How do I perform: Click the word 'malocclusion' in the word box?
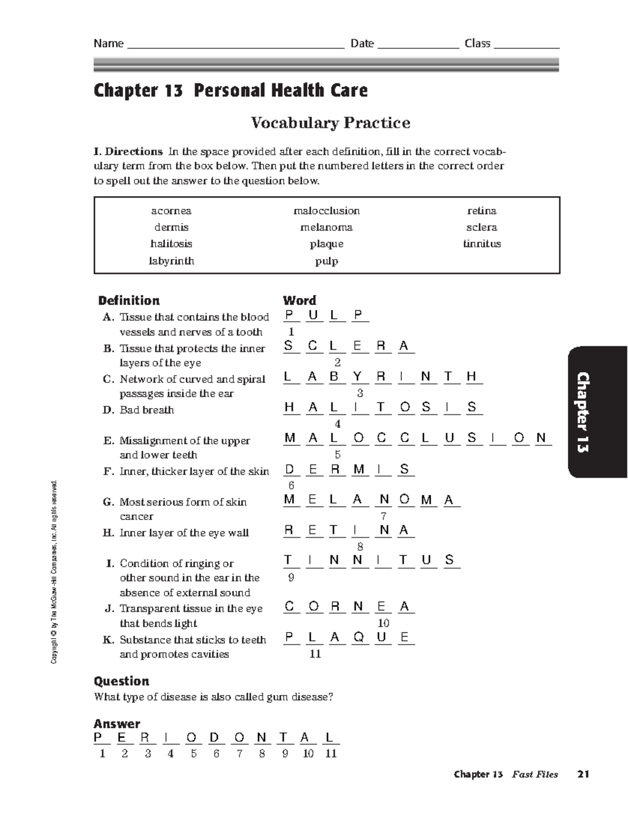pyautogui.click(x=327, y=211)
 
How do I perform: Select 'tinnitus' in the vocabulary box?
pyautogui.click(x=481, y=244)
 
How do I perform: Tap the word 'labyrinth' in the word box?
pyautogui.click(x=171, y=261)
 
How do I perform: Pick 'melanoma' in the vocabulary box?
pyautogui.click(x=327, y=228)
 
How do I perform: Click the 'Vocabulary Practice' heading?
pyautogui.click(x=330, y=123)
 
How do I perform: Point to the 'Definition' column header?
pyautogui.click(x=129, y=300)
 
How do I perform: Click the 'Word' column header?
pyautogui.click(x=299, y=300)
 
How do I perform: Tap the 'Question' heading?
pyautogui.click(x=121, y=681)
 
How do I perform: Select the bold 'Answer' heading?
pyautogui.click(x=117, y=724)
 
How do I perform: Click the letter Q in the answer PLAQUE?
pyautogui.click(x=358, y=637)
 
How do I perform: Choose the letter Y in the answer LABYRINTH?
pyautogui.click(x=358, y=377)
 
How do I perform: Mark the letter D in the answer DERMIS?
pyautogui.click(x=289, y=469)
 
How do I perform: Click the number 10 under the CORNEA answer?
pyautogui.click(x=384, y=623)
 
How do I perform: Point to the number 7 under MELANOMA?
pyautogui.click(x=384, y=516)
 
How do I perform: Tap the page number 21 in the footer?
pyautogui.click(x=583, y=774)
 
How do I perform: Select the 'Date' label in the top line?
pyautogui.click(x=362, y=43)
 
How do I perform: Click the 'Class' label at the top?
pyautogui.click(x=477, y=43)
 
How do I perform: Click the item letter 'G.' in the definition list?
pyautogui.click(x=108, y=502)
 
